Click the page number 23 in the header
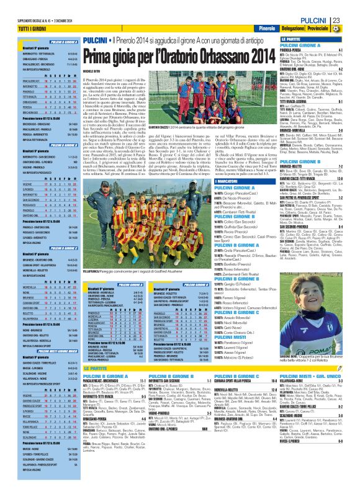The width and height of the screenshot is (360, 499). (x=352, y=20)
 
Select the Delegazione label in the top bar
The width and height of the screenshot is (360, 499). (x=292, y=29)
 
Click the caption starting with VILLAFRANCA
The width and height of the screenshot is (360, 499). (x=133, y=272)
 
